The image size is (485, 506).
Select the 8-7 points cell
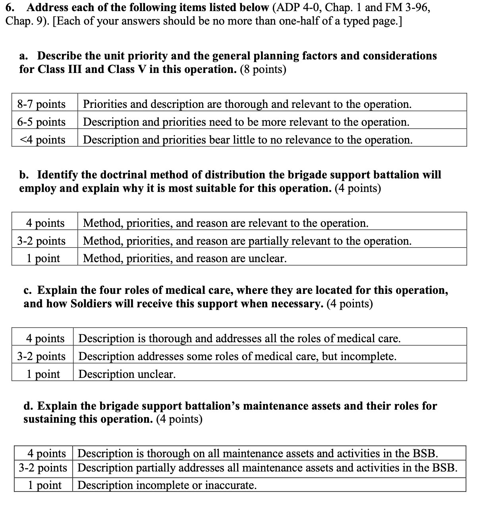(41, 104)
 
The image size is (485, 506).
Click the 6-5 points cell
(41, 122)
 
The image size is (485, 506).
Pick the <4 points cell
(41, 140)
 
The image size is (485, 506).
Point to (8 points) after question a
(263, 69)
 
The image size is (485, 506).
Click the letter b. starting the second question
(25, 175)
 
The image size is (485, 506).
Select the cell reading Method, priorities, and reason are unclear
(184, 259)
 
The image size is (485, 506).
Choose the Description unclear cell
(127, 374)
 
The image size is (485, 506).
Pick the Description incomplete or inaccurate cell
(167, 485)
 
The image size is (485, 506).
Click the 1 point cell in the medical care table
(43, 374)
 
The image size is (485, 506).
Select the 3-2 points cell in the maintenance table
(43, 468)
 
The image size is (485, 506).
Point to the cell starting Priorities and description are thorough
(247, 104)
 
